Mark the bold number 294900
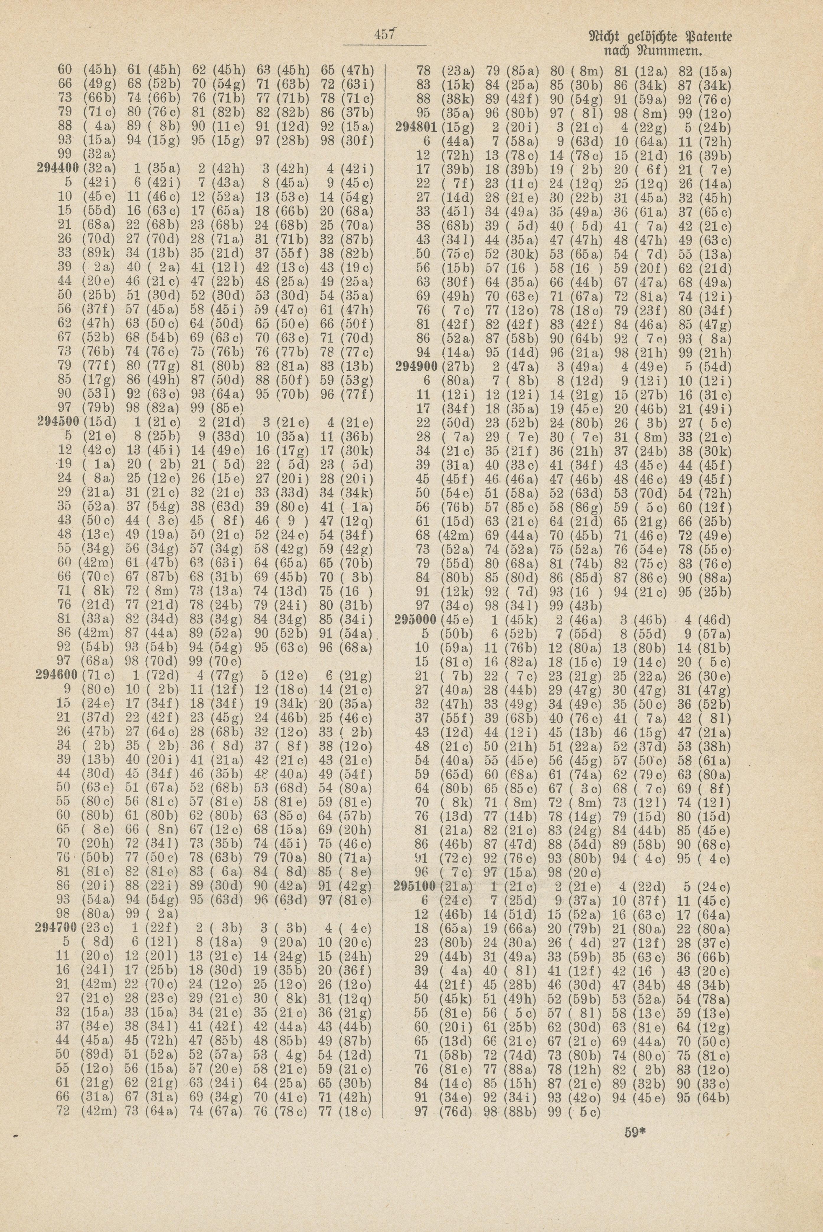[418, 366]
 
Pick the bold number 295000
[418, 620]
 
